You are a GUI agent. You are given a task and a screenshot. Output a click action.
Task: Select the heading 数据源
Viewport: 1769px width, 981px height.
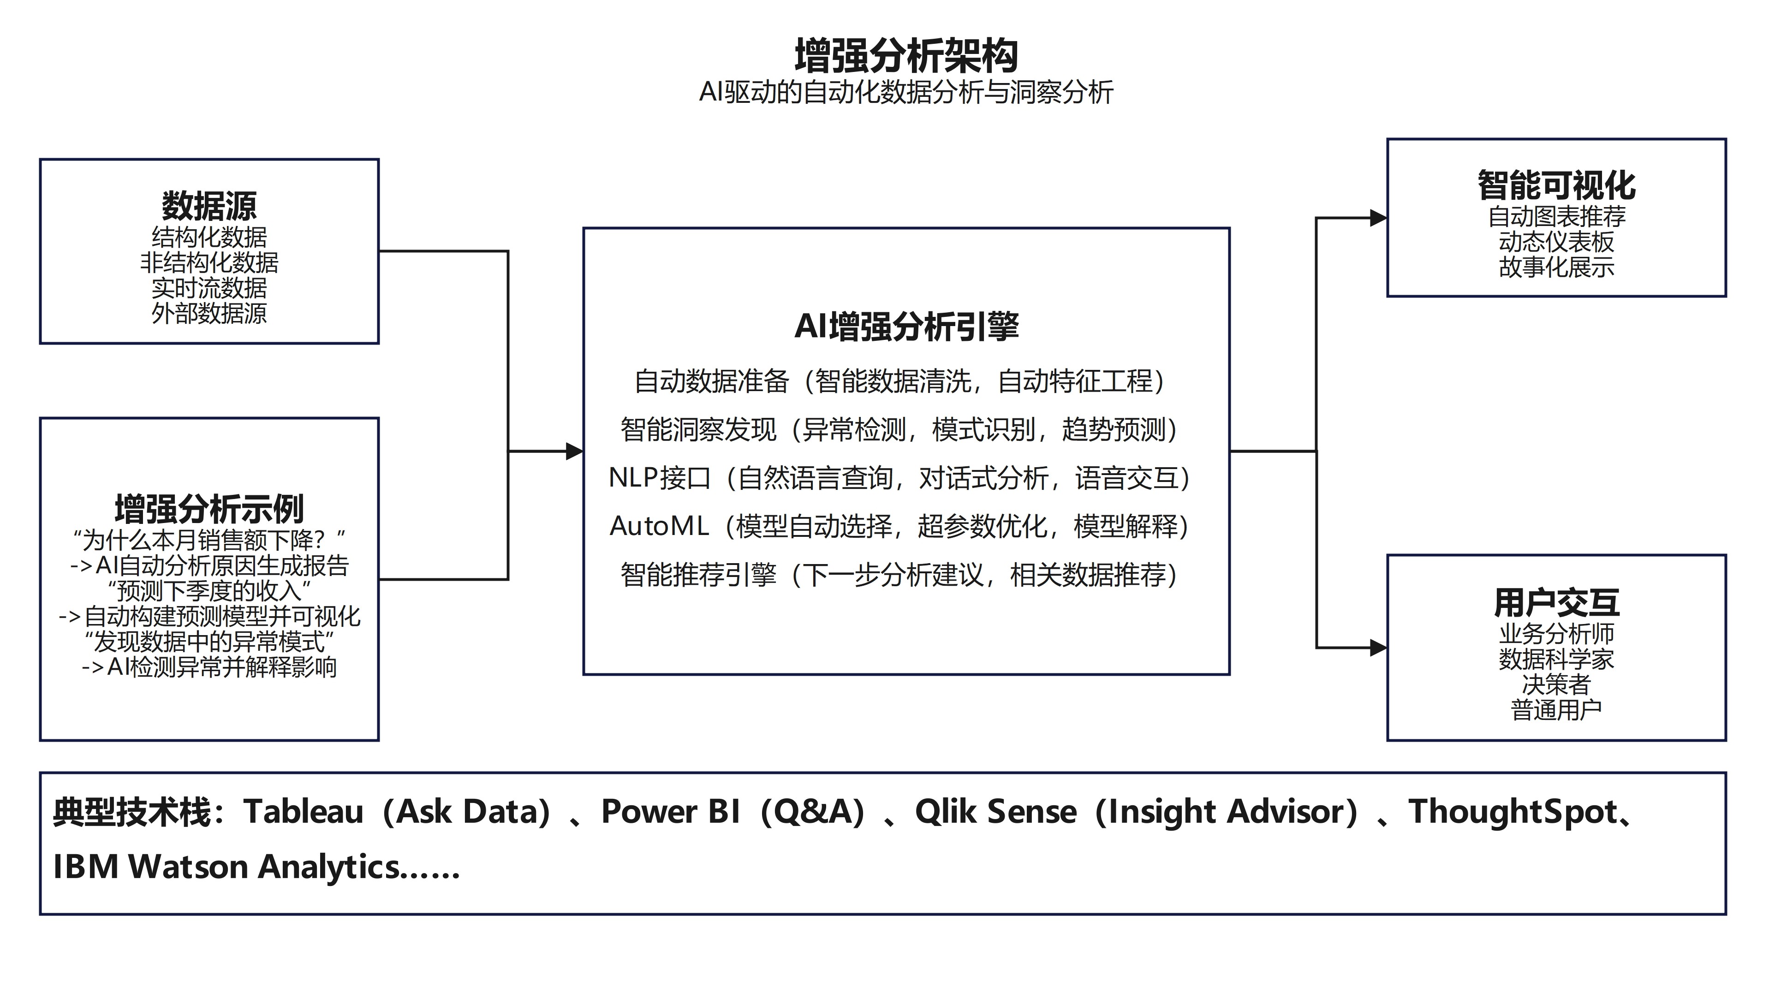[209, 205]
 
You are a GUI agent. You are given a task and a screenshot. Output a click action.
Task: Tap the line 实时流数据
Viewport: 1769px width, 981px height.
[209, 288]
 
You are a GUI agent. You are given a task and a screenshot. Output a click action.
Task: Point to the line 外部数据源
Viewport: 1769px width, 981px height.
[209, 314]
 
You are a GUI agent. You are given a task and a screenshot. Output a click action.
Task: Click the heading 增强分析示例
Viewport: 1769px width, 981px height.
[209, 509]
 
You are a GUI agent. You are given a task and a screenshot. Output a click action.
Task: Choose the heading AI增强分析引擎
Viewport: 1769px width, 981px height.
[906, 326]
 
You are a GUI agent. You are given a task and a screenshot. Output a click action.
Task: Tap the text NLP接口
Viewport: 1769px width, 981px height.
[659, 478]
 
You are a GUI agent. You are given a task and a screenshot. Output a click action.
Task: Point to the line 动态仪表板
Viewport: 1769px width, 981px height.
[1556, 242]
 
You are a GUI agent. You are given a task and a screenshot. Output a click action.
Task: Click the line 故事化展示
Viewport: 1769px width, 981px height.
[1556, 267]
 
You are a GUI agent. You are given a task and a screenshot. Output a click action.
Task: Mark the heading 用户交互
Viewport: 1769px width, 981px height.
[1556, 603]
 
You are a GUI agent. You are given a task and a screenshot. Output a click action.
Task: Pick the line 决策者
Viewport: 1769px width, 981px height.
[1556, 684]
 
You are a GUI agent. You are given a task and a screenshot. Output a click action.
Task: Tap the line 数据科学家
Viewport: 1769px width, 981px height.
[1556, 659]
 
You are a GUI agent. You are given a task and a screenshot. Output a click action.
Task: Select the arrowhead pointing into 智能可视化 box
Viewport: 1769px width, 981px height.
[1378, 218]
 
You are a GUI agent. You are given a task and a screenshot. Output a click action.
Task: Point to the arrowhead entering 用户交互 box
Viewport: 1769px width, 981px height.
[1378, 648]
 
